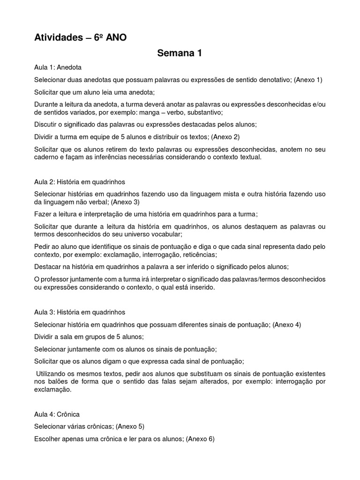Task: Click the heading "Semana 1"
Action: click(180, 53)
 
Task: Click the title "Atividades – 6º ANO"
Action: click(80, 37)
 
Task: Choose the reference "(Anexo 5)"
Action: click(130, 426)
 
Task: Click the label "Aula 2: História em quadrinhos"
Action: click(80, 181)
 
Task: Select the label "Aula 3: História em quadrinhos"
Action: click(80, 312)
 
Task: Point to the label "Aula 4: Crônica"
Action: click(57, 414)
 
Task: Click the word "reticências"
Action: click(200, 255)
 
